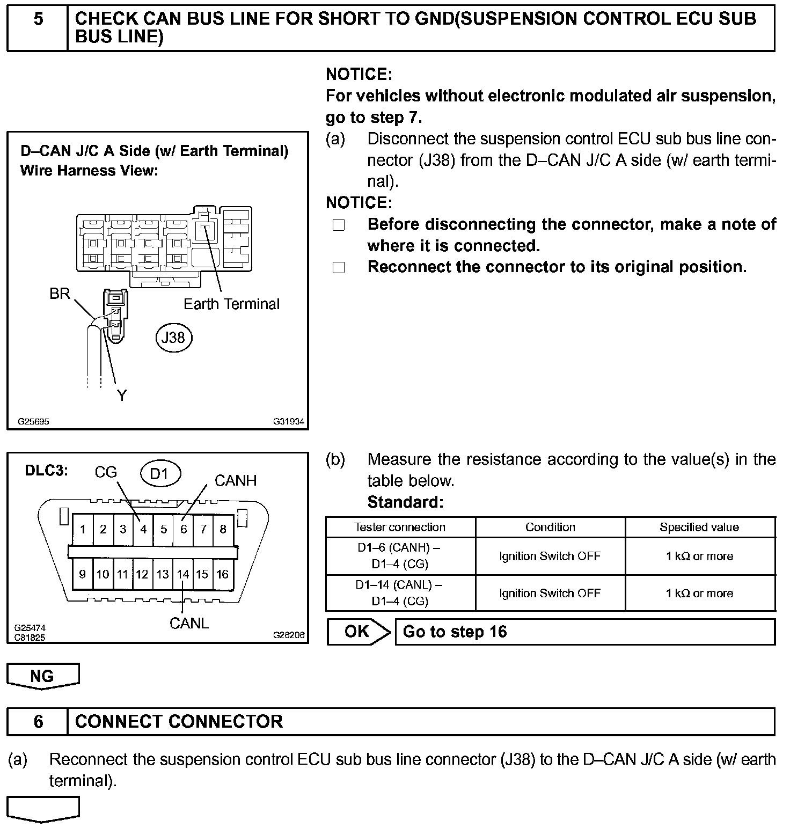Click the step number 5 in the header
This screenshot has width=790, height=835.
click(x=38, y=20)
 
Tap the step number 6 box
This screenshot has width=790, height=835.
click(x=38, y=721)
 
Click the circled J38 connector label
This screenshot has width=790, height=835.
click(x=173, y=337)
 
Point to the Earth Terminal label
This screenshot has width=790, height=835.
click(x=231, y=304)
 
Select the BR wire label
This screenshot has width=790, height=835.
click(x=60, y=294)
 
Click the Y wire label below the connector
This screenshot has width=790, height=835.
click(x=122, y=395)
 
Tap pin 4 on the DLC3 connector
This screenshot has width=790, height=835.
click(x=143, y=529)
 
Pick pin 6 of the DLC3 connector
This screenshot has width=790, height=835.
click(x=184, y=529)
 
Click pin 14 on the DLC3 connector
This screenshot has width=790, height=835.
click(x=183, y=574)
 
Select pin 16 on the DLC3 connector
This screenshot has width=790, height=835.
click(x=222, y=574)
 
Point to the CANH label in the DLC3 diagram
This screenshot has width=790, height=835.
click(x=235, y=480)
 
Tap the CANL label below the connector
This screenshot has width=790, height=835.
click(x=189, y=623)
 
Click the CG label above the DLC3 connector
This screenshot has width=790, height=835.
click(x=106, y=472)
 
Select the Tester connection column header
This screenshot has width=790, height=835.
click(x=400, y=527)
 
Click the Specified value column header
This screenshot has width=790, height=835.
click(x=699, y=527)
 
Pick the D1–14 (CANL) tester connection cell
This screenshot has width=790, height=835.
click(x=400, y=593)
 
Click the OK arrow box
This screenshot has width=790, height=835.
click(x=359, y=632)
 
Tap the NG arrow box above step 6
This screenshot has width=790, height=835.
click(x=43, y=676)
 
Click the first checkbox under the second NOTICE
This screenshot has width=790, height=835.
click(x=339, y=225)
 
